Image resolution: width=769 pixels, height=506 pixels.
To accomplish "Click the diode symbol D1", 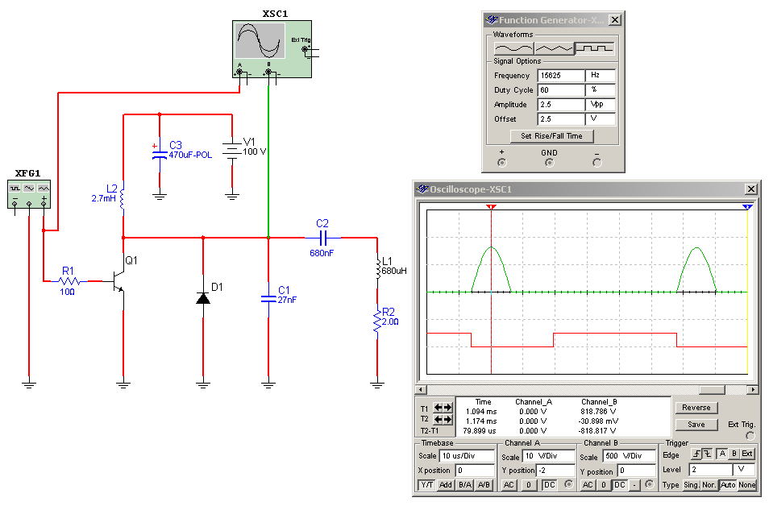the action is (x=203, y=297).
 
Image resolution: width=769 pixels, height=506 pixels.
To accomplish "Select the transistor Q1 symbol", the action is (x=118, y=281).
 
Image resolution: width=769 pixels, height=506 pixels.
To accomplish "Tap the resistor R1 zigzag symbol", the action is (x=69, y=281).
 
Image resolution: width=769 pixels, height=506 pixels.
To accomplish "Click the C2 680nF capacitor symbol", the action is (x=322, y=238).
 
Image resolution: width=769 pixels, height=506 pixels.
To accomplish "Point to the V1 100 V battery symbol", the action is (x=232, y=150).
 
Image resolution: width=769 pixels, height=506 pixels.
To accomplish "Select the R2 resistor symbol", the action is (x=376, y=320).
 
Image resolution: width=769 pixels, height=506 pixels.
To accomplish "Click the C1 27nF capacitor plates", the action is (x=268, y=299).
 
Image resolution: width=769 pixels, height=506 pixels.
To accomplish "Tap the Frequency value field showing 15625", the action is (x=561, y=76).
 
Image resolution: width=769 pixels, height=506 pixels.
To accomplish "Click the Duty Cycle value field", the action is (x=561, y=90).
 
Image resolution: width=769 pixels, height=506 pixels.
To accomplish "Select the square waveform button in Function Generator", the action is (x=594, y=48).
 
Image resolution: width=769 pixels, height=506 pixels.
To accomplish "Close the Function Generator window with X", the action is (x=614, y=20).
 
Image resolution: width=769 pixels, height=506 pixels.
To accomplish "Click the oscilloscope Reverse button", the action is (x=696, y=408).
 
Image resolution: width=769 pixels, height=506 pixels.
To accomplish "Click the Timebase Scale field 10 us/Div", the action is (x=468, y=456).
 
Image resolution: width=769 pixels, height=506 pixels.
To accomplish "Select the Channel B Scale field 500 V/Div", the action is (x=630, y=456).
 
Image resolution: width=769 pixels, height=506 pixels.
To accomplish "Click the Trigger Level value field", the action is (x=711, y=470).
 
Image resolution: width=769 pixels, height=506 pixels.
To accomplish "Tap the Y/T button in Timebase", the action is (x=426, y=485).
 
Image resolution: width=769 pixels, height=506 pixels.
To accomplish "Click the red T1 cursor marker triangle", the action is (x=491, y=207).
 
